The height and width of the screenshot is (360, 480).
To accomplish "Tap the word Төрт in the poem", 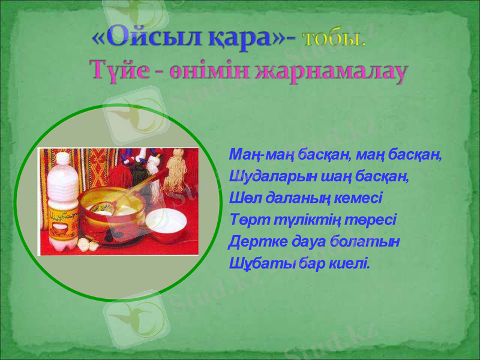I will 245,220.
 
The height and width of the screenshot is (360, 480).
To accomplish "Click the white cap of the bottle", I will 61,157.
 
